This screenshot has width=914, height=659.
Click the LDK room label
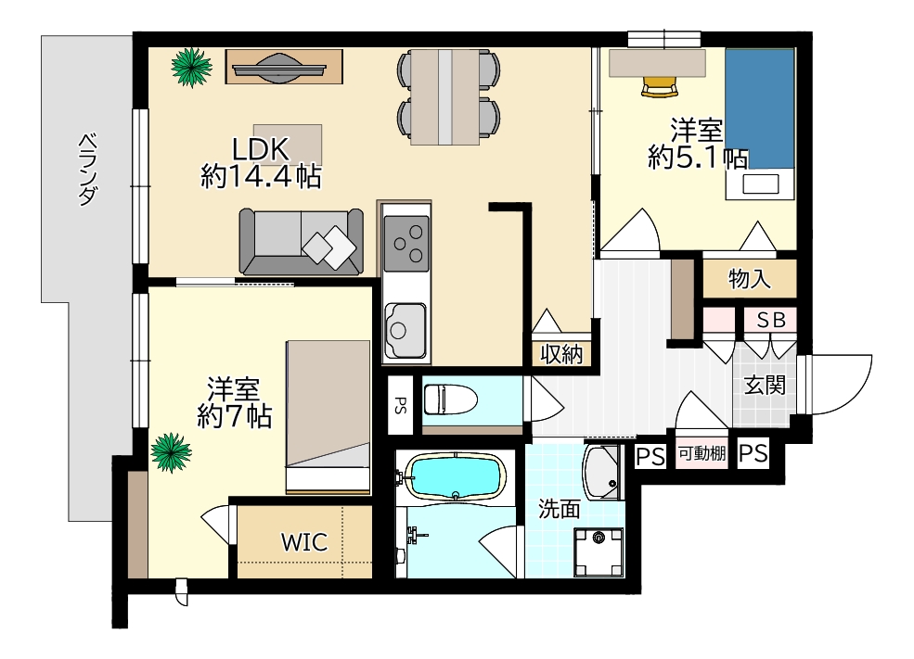[261, 149]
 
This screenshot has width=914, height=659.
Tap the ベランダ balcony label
[87, 170]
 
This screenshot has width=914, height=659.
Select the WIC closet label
[304, 542]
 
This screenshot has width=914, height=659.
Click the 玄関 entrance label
[765, 385]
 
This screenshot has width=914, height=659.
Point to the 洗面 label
[559, 509]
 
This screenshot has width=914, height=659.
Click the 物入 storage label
[750, 279]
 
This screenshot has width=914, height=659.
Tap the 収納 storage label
[560, 353]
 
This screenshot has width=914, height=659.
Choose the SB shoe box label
[771, 320]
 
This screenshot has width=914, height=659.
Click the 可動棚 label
[702, 453]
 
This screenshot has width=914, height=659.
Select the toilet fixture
[450, 399]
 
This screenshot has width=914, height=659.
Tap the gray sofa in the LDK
[301, 241]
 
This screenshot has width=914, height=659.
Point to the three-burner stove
[406, 244]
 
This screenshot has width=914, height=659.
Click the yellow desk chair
[660, 86]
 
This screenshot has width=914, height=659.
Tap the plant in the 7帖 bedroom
[171, 452]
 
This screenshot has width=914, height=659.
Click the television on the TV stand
[277, 68]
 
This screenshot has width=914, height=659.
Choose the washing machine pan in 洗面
[599, 551]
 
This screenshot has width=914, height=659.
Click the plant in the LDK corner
[191, 68]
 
